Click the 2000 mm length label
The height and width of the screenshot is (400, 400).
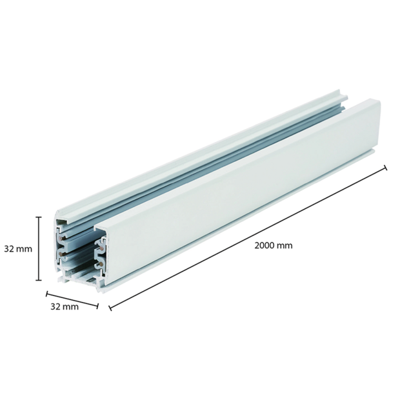pyautogui.click(x=274, y=246)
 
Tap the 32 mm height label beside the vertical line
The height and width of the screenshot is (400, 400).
pyautogui.click(x=18, y=248)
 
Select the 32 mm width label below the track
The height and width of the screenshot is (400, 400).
pyautogui.click(x=64, y=306)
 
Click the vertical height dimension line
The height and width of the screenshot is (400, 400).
pyautogui.click(x=39, y=248)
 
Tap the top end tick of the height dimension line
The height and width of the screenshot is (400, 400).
pyautogui.click(x=39, y=217)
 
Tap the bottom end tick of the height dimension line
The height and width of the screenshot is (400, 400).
pyautogui.click(x=39, y=279)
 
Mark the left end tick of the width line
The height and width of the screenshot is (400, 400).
pyautogui.click(x=47, y=294)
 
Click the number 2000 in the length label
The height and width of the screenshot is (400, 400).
pyautogui.click(x=265, y=246)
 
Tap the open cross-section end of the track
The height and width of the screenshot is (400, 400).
pyautogui.click(x=81, y=252)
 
